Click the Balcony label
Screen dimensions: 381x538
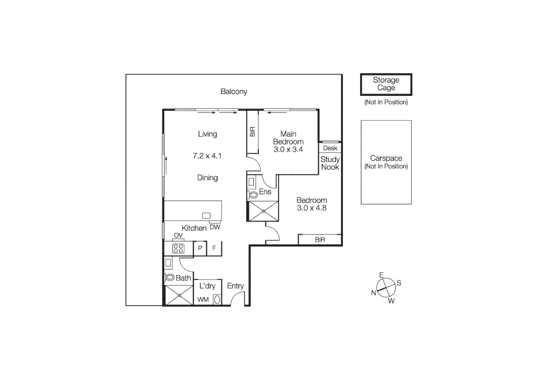(234, 92)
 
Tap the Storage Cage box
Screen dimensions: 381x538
(386, 84)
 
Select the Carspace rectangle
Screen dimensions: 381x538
(386, 162)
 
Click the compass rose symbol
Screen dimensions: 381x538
(386, 288)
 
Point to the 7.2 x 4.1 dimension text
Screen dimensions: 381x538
(207, 156)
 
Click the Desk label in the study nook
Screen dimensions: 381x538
(330, 148)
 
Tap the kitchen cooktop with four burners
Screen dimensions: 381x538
(178, 248)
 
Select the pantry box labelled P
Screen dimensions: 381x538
(200, 248)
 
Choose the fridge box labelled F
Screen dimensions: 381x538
(214, 248)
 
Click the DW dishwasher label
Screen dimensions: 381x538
(215, 227)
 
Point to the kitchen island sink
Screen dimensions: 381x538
(206, 216)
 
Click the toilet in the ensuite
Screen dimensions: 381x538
(253, 194)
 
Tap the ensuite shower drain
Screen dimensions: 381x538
(264, 211)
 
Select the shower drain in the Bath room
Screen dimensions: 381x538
(179, 295)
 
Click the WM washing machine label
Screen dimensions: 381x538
(203, 300)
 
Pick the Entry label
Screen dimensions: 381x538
(235, 286)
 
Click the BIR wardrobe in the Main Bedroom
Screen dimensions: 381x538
(252, 132)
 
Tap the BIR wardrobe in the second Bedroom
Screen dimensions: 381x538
(320, 240)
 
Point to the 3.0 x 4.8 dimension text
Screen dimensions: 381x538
(312, 208)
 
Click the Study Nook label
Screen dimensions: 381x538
(330, 163)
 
